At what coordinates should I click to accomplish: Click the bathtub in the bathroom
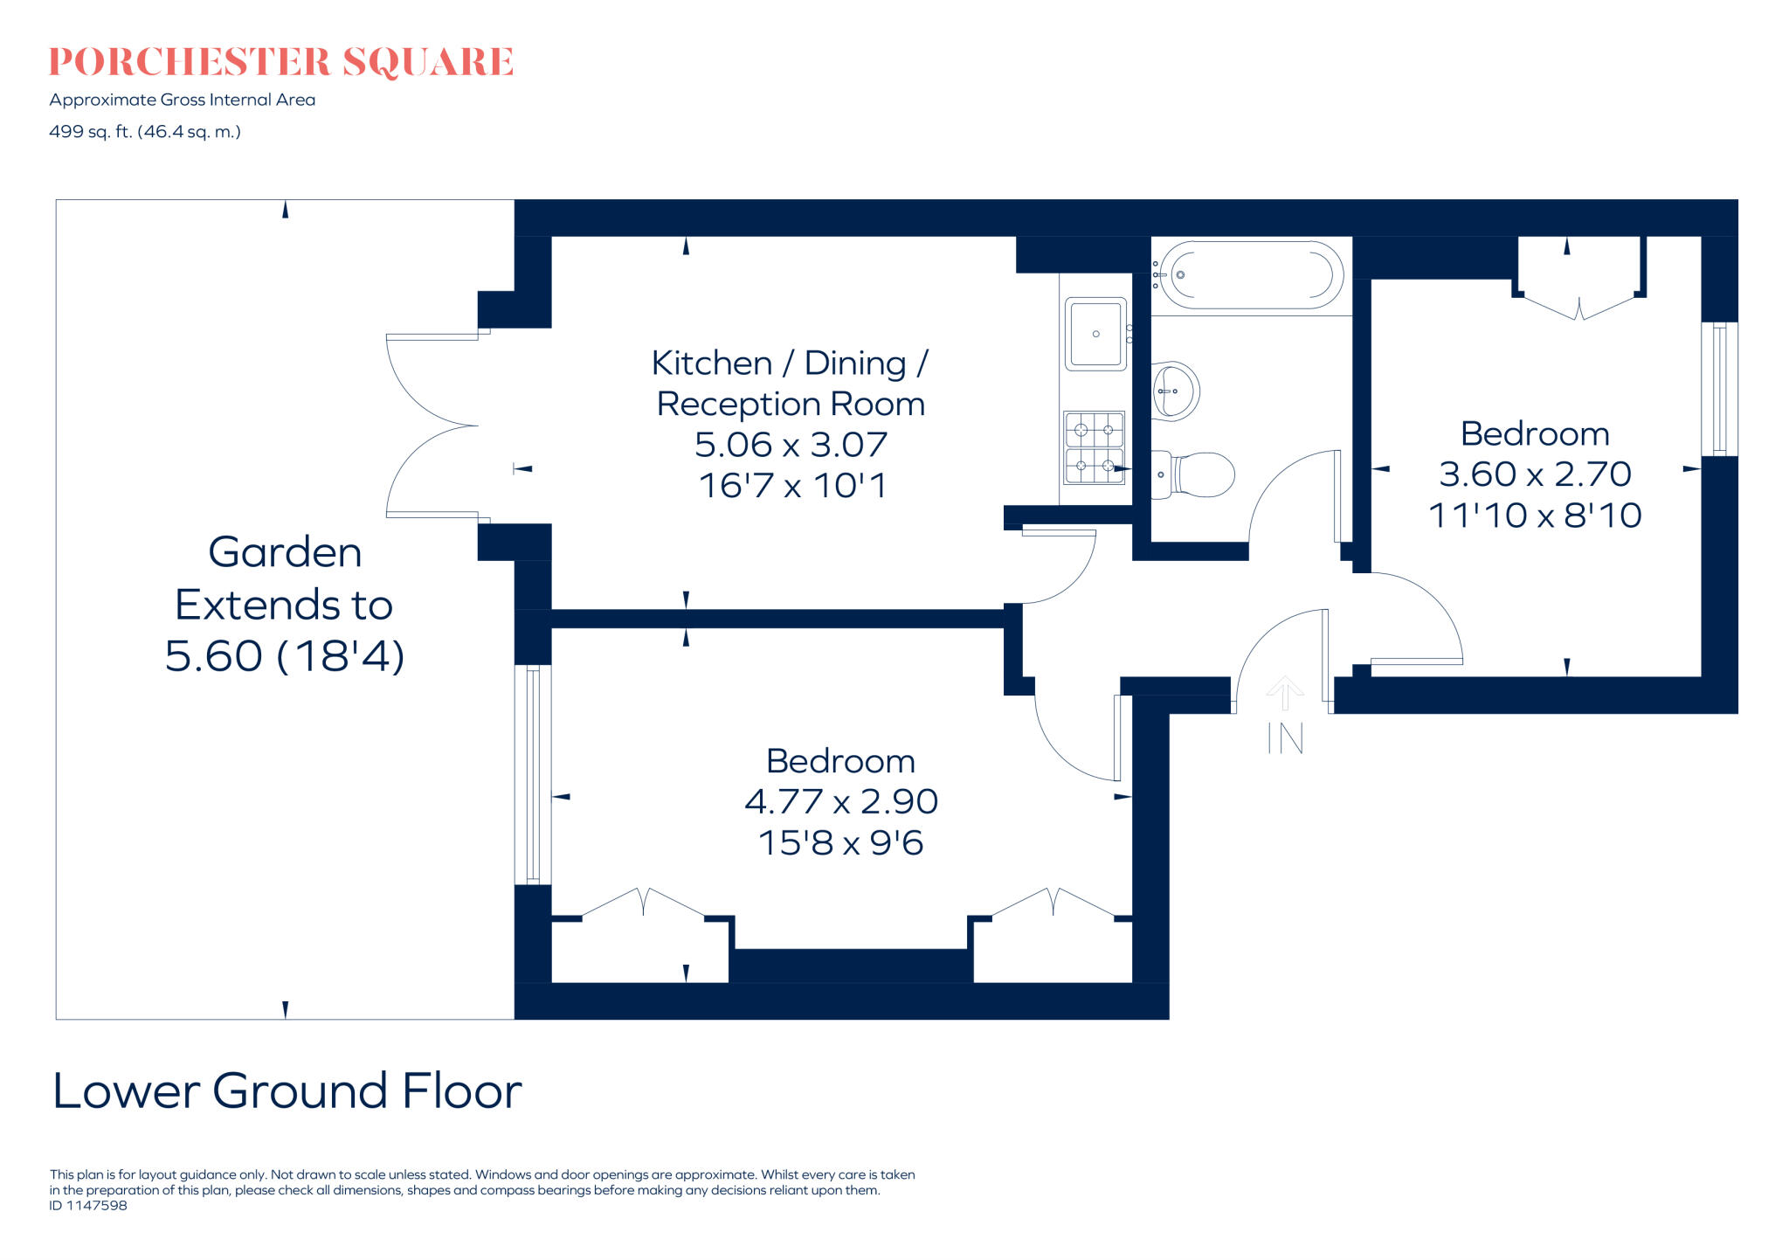[1251, 275]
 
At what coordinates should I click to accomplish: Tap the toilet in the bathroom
[1195, 474]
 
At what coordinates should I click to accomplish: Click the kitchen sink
[1095, 334]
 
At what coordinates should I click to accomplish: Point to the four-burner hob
[1094, 447]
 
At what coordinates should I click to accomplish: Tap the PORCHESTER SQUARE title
[281, 62]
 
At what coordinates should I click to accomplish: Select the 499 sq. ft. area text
[145, 132]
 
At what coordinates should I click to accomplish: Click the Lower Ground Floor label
[287, 1090]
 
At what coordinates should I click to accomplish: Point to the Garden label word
[285, 552]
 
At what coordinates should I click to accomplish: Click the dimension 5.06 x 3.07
[791, 445]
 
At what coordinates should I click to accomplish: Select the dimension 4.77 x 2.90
[841, 801]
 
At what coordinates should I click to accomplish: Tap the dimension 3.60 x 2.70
[1535, 474]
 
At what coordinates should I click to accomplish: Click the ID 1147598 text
[88, 1206]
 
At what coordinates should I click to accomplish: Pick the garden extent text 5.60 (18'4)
[285, 656]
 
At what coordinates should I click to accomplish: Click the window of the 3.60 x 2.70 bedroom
[1719, 389]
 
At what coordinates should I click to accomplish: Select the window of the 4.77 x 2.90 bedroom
[533, 774]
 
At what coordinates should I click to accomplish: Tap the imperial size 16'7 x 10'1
[792, 486]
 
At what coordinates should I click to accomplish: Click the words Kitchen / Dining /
[790, 363]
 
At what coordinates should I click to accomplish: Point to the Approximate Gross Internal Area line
[183, 100]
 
